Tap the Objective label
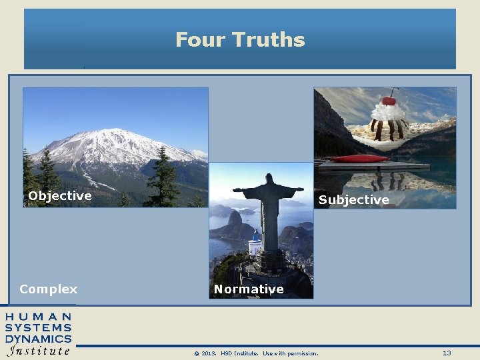click(x=60, y=195)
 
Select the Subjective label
click(x=353, y=200)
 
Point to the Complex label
click(x=49, y=289)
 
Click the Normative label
click(x=249, y=289)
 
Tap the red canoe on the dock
click(x=359, y=159)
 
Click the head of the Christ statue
click(x=270, y=179)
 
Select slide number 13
click(x=447, y=353)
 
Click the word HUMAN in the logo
click(x=39, y=316)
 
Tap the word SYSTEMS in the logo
click(x=39, y=327)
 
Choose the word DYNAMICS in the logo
click(x=39, y=339)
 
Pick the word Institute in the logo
click(x=39, y=350)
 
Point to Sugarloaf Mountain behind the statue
click(x=235, y=220)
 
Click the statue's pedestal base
click(x=270, y=257)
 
